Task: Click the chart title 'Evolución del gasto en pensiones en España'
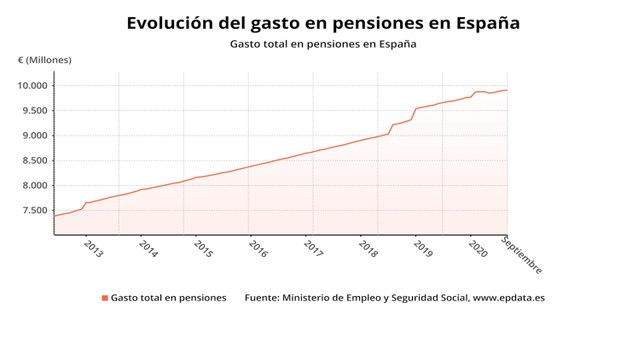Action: pyautogui.click(x=323, y=22)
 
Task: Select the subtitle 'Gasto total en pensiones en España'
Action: pyautogui.click(x=323, y=45)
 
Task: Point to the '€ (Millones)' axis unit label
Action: pyautogui.click(x=45, y=61)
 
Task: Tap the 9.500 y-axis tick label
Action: pyautogui.click(x=33, y=111)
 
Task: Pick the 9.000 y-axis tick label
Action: pyautogui.click(x=33, y=136)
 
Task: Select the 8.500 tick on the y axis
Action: pyautogui.click(x=33, y=161)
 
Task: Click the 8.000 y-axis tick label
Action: pyautogui.click(x=33, y=186)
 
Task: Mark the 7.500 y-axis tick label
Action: pyautogui.click(x=33, y=211)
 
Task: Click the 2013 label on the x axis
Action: pyautogui.click(x=92, y=248)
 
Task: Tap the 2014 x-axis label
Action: pyautogui.click(x=147, y=248)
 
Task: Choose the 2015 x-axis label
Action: pyautogui.click(x=202, y=248)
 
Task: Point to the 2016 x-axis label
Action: pyautogui.click(x=257, y=248)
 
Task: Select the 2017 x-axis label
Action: pyautogui.click(x=312, y=248)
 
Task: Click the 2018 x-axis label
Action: pyautogui.click(x=367, y=248)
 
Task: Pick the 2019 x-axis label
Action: pyautogui.click(x=422, y=248)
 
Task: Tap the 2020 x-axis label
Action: pyautogui.click(x=477, y=248)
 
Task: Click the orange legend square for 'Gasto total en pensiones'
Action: pyautogui.click(x=104, y=298)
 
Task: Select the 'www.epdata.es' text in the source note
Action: pyautogui.click(x=508, y=298)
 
